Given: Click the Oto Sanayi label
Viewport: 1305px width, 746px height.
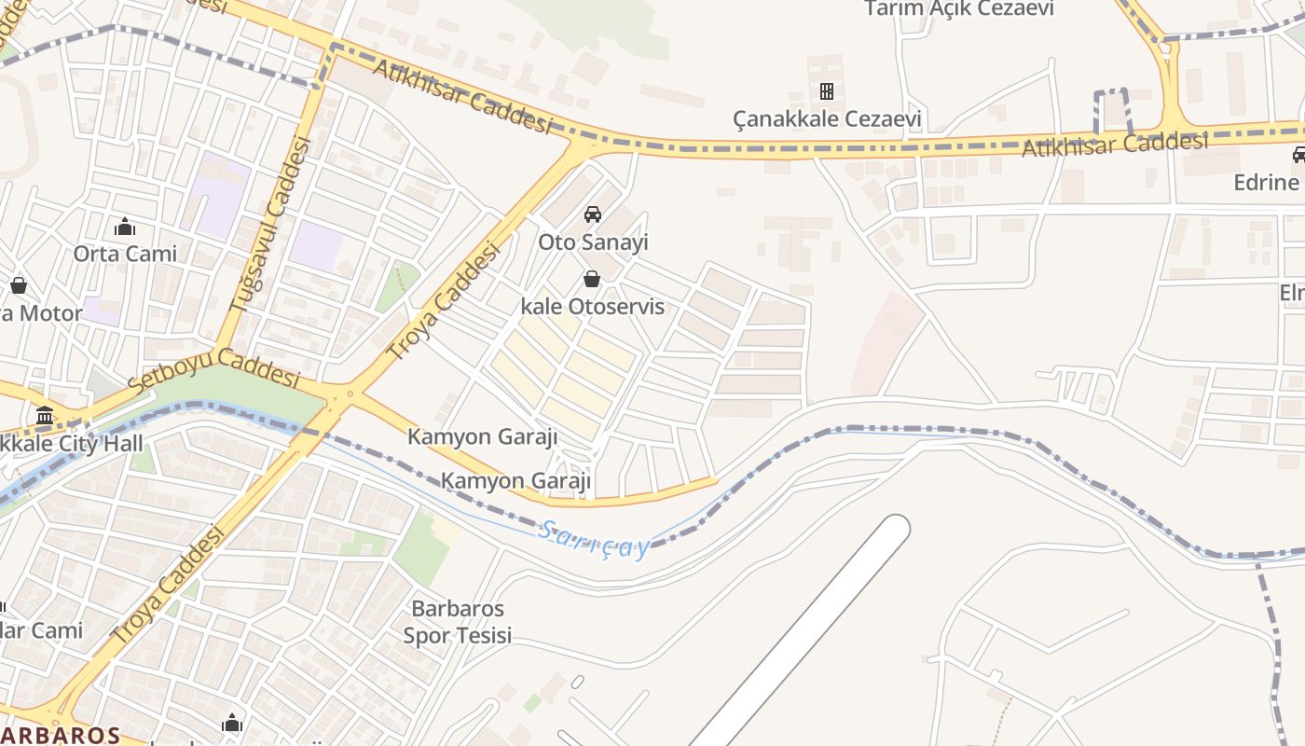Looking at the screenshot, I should coord(593,242).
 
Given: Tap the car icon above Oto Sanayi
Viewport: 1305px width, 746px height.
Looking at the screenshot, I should coord(592,214).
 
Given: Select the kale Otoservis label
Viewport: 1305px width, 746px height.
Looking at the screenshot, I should coord(593,307).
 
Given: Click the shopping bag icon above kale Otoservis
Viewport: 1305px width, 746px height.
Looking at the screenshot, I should coord(591,279).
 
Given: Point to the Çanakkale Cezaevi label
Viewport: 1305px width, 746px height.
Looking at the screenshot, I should coord(827,119).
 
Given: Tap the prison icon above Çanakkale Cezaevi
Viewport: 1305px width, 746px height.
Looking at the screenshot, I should coord(826,91).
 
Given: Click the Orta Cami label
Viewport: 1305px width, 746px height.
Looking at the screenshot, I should coord(125,254).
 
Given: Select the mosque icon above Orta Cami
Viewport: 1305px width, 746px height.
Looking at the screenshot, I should coord(125,227).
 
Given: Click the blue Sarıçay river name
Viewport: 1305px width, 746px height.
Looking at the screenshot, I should coord(594,541).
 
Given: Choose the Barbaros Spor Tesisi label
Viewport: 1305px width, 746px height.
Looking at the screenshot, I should coord(458,622).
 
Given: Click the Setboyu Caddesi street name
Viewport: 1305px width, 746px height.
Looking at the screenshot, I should coord(214,369).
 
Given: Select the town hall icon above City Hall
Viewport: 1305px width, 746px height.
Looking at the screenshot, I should coord(45,416).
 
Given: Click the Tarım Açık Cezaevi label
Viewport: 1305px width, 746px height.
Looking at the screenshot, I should coord(959,9).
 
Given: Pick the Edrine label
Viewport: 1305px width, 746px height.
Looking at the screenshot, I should coord(1266,183).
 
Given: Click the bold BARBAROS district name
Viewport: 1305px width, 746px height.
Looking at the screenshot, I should coord(60,735).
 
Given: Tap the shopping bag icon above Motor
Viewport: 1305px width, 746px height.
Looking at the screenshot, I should coord(18,285).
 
